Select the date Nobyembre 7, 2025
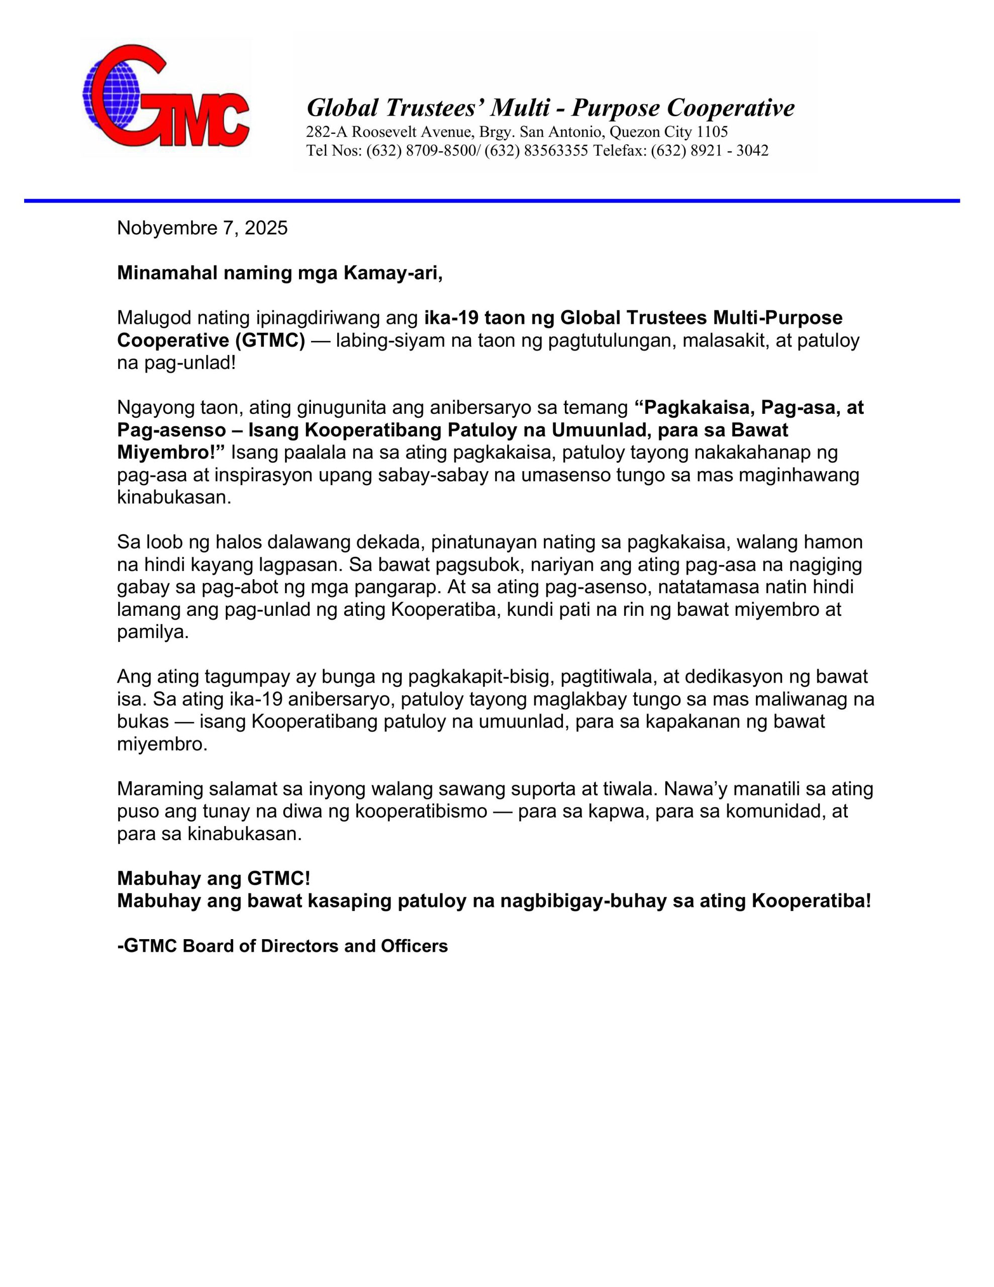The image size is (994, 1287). pyautogui.click(x=202, y=228)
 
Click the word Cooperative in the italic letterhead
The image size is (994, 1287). pyautogui.click(x=731, y=108)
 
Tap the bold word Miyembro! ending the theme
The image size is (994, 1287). pyautogui.click(x=171, y=452)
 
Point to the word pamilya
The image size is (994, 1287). pyautogui.click(x=152, y=632)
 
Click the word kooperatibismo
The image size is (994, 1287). pyautogui.click(x=421, y=811)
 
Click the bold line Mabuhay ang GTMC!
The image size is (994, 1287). pyautogui.click(x=213, y=879)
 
